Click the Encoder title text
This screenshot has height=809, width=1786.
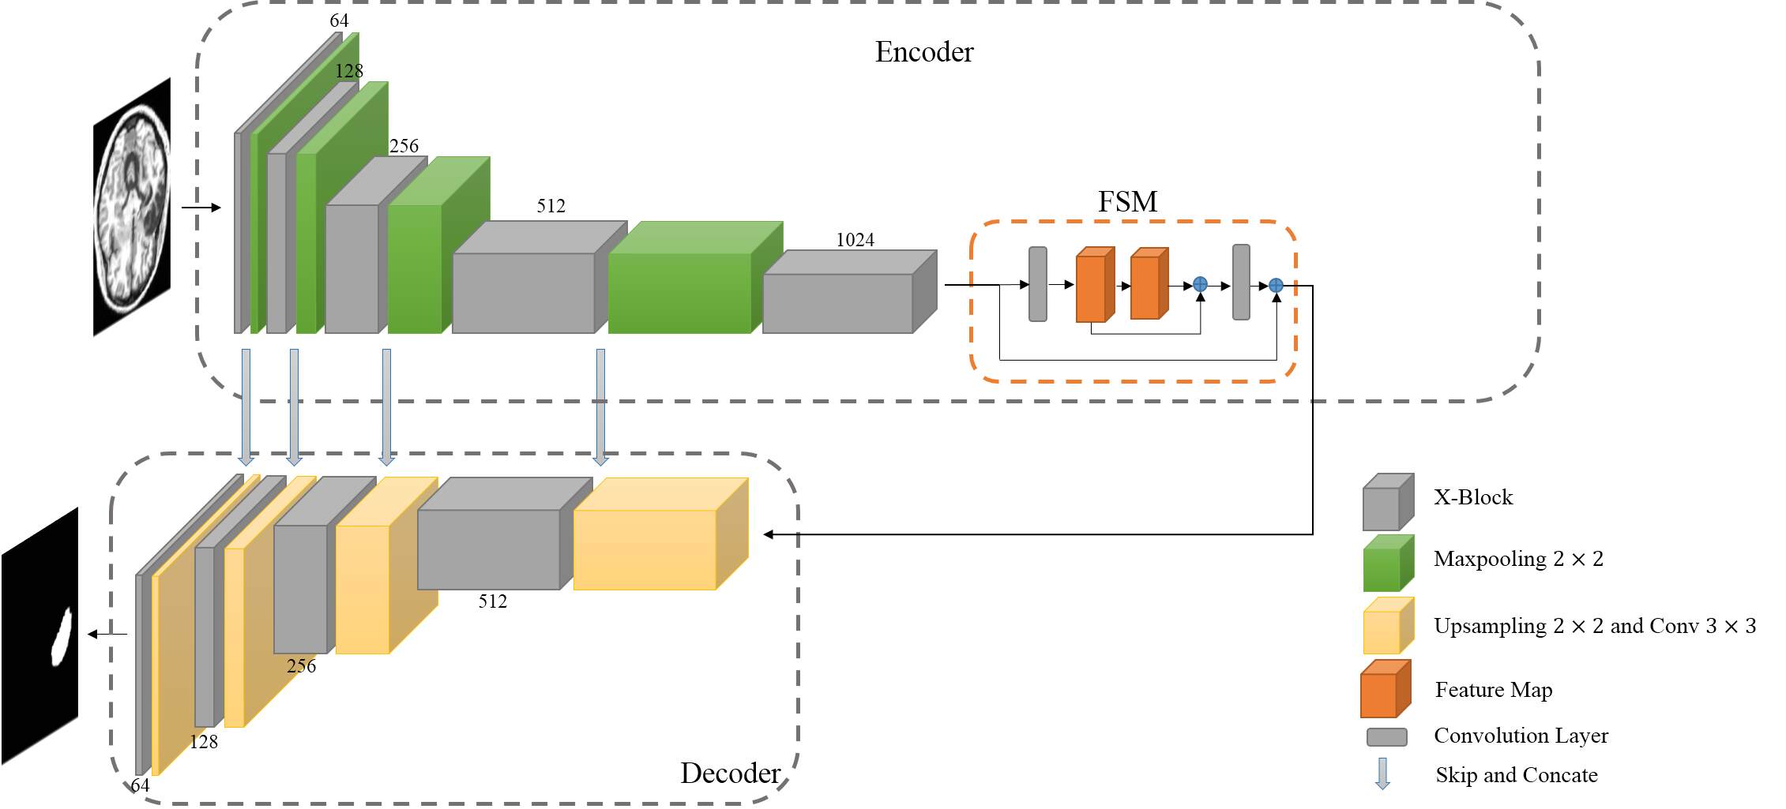tap(924, 52)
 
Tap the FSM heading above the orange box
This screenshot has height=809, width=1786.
tap(1127, 202)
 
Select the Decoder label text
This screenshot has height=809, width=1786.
tap(731, 773)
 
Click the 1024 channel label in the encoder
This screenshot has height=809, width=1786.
tap(855, 240)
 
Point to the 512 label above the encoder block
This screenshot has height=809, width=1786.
tap(551, 206)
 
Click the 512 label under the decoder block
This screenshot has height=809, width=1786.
tap(492, 601)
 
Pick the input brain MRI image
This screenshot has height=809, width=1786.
tap(132, 207)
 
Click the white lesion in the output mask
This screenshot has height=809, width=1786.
tap(62, 636)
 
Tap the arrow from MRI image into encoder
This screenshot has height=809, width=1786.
tap(201, 208)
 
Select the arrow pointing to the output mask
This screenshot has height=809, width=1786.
tap(107, 634)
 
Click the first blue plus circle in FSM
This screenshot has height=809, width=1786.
tap(1200, 284)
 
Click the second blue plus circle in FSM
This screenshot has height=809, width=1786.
tap(1276, 286)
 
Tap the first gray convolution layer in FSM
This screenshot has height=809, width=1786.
tap(1038, 284)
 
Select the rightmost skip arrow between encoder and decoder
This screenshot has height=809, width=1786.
tap(600, 406)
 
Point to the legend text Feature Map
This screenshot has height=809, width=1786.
tap(1493, 690)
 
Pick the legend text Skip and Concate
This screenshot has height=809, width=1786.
tap(1516, 775)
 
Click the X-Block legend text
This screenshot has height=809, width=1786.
tap(1473, 497)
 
